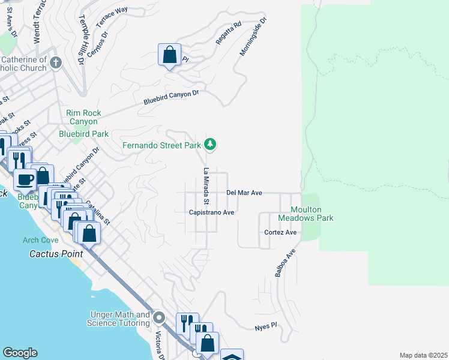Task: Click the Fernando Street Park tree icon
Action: [x=210, y=144]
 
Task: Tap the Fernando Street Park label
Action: [x=161, y=145]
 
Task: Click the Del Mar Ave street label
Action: [x=244, y=193]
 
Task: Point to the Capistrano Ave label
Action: [x=211, y=212]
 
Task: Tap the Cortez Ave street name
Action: [x=280, y=232]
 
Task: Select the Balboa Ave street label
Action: [x=286, y=263]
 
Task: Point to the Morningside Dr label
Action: [x=253, y=37]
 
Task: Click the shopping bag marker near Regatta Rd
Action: [x=170, y=55]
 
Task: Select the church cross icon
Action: [x=55, y=62]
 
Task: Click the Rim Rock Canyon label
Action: [x=83, y=117]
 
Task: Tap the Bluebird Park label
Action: [x=83, y=134]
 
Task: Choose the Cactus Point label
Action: [x=56, y=254]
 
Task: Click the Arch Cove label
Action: [x=41, y=240]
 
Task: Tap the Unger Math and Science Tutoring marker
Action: [x=159, y=317]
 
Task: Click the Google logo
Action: [x=20, y=353]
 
